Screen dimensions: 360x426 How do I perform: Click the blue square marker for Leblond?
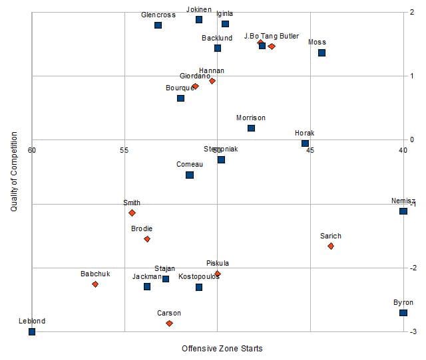[x=32, y=331]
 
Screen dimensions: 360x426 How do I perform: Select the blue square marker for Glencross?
[x=158, y=25]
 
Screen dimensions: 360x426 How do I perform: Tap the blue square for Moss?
[x=321, y=52]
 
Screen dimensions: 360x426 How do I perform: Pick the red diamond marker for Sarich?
[x=331, y=246]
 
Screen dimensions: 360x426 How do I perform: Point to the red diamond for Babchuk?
[x=95, y=284]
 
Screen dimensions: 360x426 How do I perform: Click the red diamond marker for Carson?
[x=169, y=323]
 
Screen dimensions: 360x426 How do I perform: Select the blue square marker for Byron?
[x=403, y=313]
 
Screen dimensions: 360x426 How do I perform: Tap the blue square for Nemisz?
[x=403, y=211]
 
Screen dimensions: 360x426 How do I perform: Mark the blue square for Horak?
[x=305, y=143]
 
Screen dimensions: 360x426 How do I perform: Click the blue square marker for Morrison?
[x=251, y=128]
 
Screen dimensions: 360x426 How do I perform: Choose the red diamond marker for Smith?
[x=132, y=213]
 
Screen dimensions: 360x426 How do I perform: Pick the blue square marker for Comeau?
[x=190, y=175]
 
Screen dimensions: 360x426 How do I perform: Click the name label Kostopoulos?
[x=198, y=276]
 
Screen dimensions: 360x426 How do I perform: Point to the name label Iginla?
[x=225, y=13]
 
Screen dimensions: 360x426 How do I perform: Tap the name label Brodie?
[x=142, y=228]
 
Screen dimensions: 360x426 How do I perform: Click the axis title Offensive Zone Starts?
[x=222, y=349]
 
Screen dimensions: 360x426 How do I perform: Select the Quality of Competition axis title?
[x=14, y=171]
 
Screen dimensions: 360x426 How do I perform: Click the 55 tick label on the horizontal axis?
[x=124, y=150]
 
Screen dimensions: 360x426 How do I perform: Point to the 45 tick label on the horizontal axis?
[x=310, y=150]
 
